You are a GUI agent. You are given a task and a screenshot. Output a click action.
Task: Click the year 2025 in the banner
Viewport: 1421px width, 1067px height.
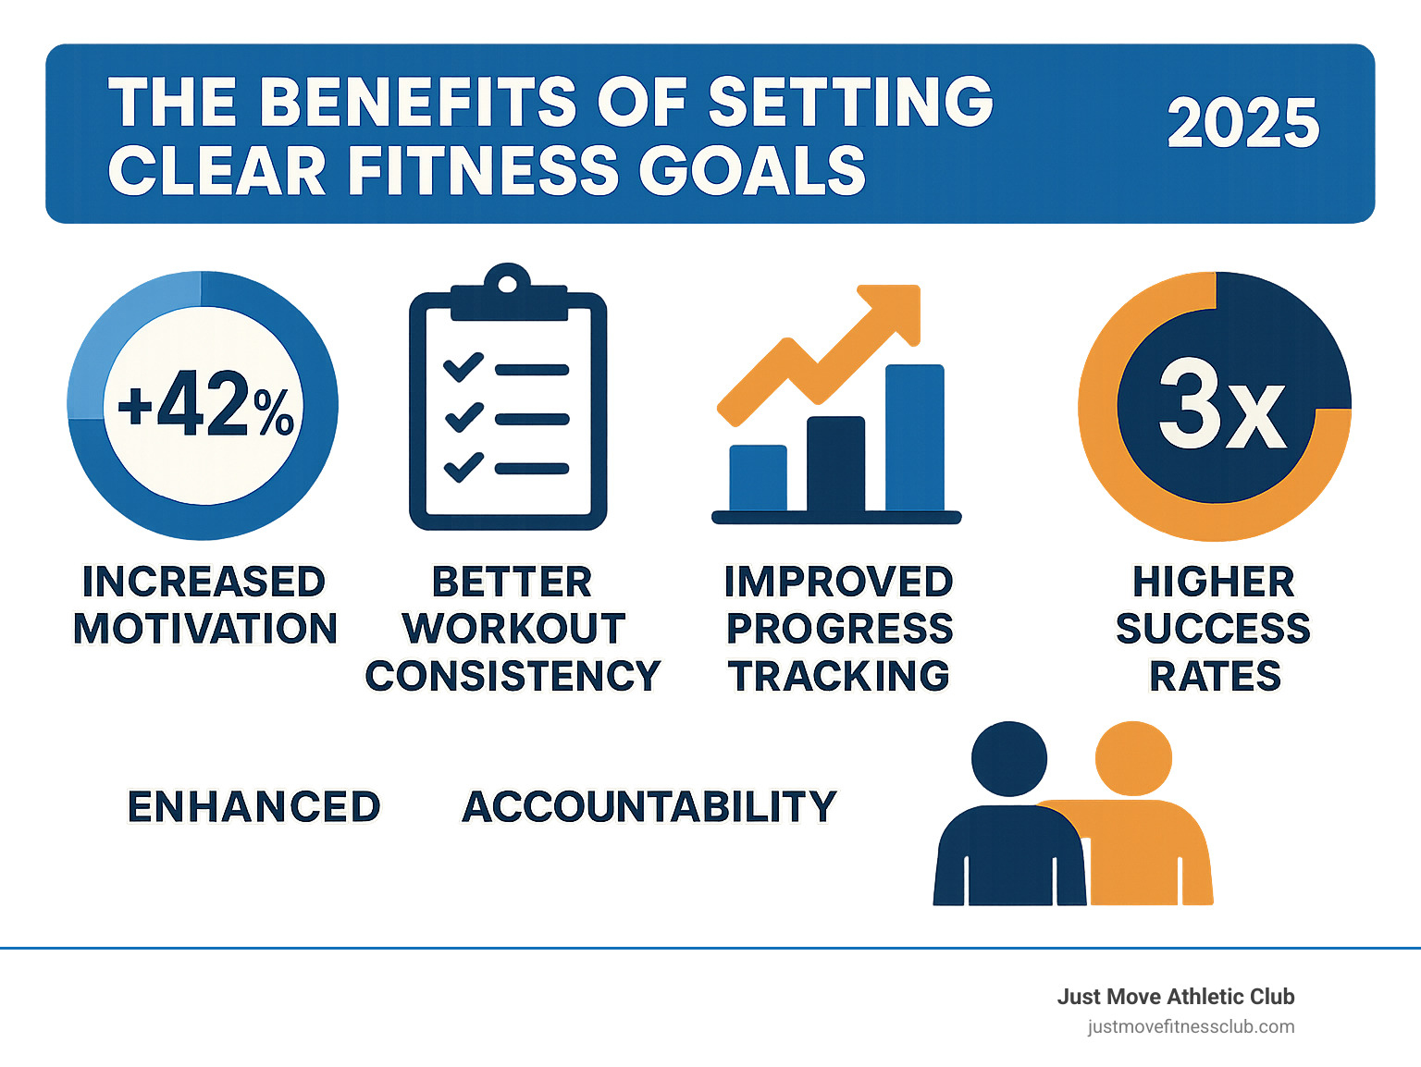(1242, 123)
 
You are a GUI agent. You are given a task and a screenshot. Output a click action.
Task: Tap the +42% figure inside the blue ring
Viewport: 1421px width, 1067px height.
(204, 405)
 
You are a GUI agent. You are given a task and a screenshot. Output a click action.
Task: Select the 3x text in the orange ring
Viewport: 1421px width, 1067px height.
(1221, 405)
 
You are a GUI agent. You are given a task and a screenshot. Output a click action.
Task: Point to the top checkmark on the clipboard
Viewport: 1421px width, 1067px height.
(463, 368)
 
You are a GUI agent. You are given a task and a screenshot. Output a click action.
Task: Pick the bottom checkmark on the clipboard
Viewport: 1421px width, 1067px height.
(463, 467)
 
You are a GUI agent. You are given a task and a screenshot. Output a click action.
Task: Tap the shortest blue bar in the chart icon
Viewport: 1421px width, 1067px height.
(758, 477)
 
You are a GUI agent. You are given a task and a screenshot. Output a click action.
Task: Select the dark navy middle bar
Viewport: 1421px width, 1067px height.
(835, 463)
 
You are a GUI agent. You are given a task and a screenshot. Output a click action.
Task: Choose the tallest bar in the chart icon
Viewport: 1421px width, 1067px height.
(914, 437)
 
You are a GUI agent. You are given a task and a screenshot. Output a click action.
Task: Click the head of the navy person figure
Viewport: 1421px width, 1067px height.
(1009, 758)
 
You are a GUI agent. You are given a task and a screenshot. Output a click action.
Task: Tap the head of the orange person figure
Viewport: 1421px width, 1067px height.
(1133, 758)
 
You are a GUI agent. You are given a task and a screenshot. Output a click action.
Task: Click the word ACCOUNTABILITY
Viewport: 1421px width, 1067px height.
(649, 807)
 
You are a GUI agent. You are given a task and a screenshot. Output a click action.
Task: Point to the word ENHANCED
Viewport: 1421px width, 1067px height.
(253, 807)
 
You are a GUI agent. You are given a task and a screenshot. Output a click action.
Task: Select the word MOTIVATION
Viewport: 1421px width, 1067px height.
(205, 629)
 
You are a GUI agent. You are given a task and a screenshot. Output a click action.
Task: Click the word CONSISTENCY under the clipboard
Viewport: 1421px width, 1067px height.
(513, 676)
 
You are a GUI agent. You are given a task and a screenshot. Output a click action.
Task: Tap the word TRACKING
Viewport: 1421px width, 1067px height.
(838, 676)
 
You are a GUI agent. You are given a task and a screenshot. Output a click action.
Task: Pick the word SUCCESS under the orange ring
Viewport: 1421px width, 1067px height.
(1213, 629)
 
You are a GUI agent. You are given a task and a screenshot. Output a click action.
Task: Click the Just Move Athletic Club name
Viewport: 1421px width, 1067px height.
(1175, 997)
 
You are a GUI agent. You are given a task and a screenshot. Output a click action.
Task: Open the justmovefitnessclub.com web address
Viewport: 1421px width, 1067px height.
(1191, 1026)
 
